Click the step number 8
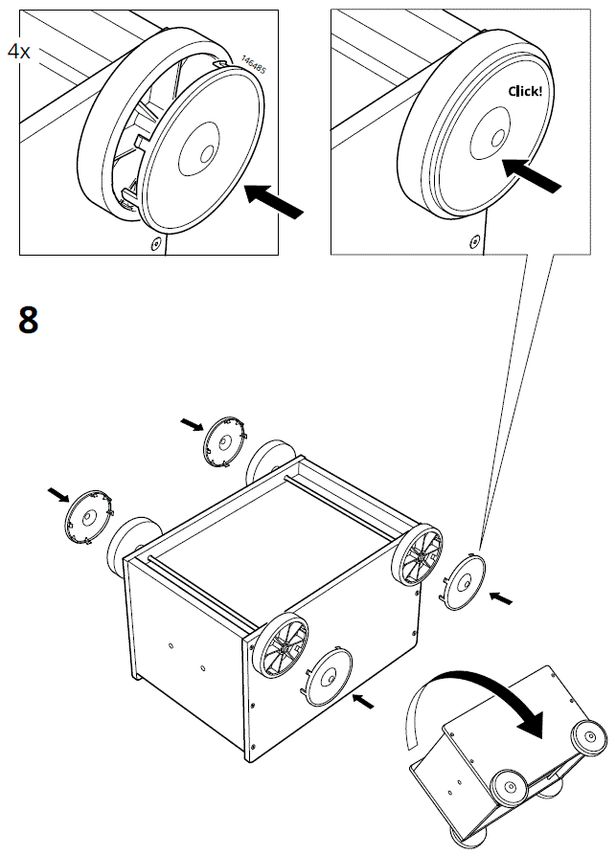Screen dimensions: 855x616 (29, 320)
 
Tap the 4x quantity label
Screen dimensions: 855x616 (19, 52)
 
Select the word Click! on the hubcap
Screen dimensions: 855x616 (525, 92)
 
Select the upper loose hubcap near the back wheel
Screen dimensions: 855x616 (226, 441)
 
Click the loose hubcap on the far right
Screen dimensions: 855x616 (465, 581)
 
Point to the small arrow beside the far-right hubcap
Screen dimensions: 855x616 (500, 598)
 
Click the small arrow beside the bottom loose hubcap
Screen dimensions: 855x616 (363, 703)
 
